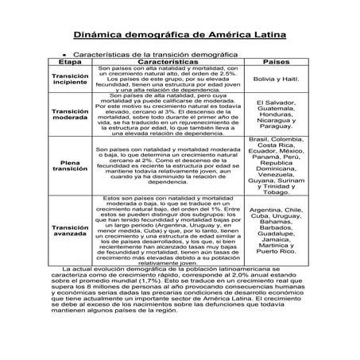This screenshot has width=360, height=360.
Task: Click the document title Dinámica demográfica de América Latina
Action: tap(180, 36)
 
